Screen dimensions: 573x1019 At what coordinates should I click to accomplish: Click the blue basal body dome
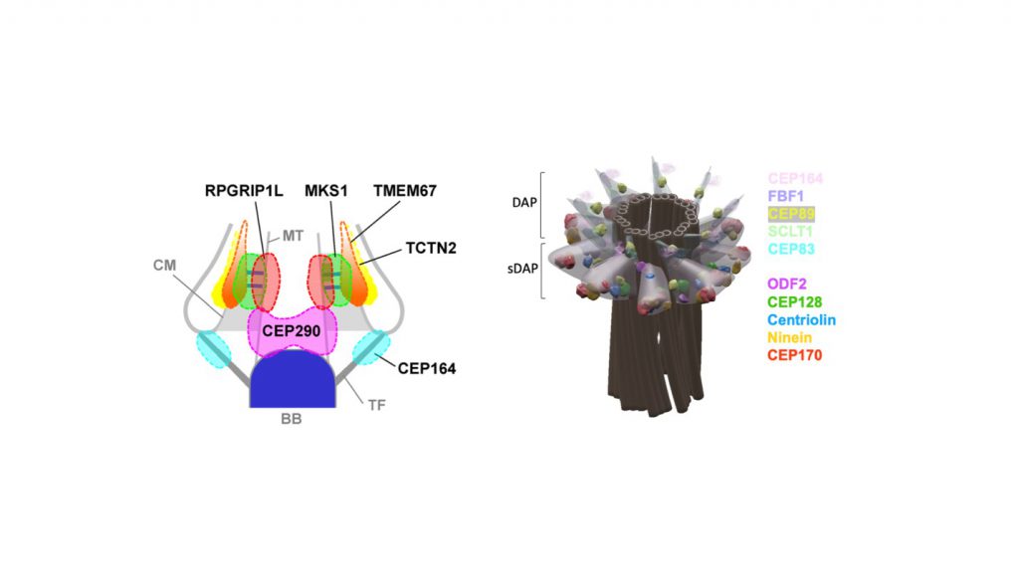pyautogui.click(x=290, y=383)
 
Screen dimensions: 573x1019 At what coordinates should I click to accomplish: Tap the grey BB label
pyautogui.click(x=290, y=420)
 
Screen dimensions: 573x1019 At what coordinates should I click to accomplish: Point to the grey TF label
pyautogui.click(x=377, y=405)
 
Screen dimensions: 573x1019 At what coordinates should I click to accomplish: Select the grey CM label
pyautogui.click(x=167, y=266)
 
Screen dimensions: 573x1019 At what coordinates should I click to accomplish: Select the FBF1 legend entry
pyautogui.click(x=786, y=196)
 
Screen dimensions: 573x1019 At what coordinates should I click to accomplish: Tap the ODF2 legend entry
pyautogui.click(x=787, y=284)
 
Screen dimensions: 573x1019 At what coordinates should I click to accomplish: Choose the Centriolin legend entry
pyautogui.click(x=802, y=319)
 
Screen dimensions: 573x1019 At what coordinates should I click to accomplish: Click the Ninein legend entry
pyautogui.click(x=791, y=337)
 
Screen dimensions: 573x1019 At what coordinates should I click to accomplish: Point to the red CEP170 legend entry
pyautogui.click(x=794, y=355)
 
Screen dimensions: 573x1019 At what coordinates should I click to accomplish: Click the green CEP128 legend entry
pyautogui.click(x=794, y=301)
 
